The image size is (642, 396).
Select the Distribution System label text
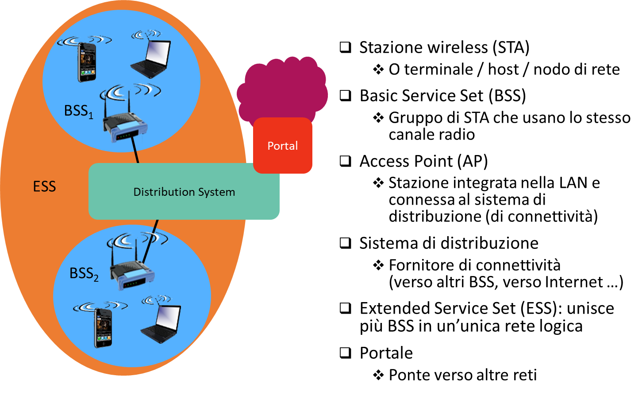pyautogui.click(x=184, y=192)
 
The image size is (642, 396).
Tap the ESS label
pyautogui.click(x=45, y=186)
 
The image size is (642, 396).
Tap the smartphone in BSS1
pyautogui.click(x=87, y=62)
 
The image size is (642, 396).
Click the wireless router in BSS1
pyautogui.click(x=126, y=126)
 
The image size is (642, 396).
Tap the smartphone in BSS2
pyautogui.click(x=103, y=327)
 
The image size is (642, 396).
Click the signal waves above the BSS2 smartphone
pyautogui.click(x=100, y=306)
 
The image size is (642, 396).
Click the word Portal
pyautogui.click(x=283, y=146)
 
